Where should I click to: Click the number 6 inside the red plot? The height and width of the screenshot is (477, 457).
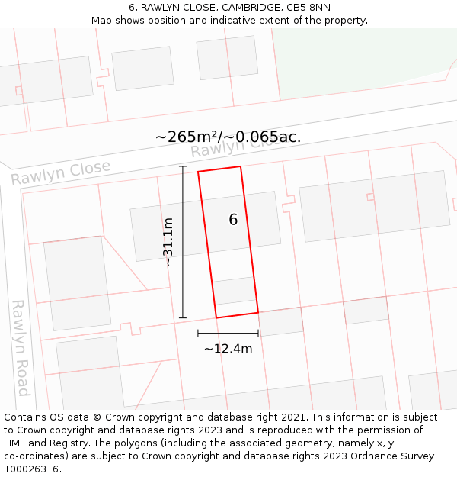[233, 220]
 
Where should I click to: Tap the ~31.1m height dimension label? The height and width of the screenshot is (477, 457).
[168, 242]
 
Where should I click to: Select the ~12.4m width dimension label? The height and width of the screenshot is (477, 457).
[228, 349]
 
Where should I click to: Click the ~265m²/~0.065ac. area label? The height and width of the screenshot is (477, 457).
[228, 137]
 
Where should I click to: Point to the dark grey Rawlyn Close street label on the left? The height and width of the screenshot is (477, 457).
[61, 172]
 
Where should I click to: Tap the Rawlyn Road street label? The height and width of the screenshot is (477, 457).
[21, 347]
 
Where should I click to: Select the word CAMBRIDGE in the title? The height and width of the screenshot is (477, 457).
[251, 8]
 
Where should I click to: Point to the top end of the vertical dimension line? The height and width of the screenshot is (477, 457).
[183, 166]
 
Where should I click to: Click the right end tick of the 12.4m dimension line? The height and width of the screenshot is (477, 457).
[258, 333]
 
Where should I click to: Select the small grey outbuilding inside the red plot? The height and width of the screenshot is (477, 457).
[234, 291]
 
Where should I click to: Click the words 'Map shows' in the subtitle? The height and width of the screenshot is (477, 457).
[115, 21]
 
